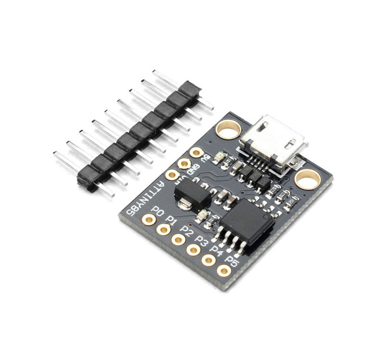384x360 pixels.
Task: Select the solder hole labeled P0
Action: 149,219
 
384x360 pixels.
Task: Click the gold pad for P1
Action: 164,229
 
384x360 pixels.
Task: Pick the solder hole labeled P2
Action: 179,239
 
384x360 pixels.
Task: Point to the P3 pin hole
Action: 193,250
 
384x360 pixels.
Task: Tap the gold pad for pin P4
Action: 209,260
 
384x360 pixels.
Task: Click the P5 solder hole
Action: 224,270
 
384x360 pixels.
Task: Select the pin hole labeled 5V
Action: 196,153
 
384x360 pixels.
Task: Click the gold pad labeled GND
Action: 184,164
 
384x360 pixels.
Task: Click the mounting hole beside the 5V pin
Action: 228,129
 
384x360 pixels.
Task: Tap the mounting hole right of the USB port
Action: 308,180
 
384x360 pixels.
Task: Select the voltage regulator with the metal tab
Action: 192,194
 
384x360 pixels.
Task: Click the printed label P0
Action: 157,210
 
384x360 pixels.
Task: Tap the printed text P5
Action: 232,261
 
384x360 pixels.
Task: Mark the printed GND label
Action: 194,168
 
